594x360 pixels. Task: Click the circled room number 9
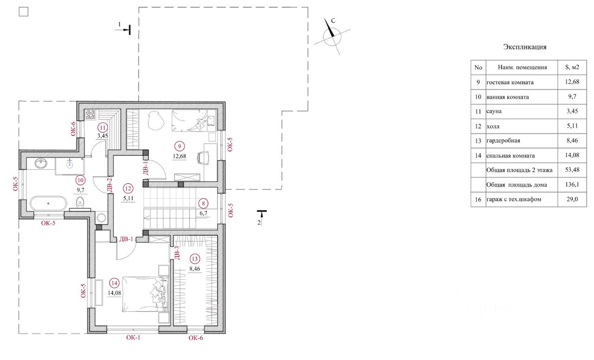[180, 146]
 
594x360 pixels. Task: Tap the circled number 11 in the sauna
[103, 128]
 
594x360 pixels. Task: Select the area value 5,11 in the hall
[128, 198]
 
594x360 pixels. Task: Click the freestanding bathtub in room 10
[48, 204]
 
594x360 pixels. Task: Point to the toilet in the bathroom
[80, 203]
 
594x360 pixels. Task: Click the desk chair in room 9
[203, 158]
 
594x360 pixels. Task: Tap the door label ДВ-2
[109, 185]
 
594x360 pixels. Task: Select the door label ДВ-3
[177, 253]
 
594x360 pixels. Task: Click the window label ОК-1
[133, 337]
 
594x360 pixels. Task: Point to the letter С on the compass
[333, 20]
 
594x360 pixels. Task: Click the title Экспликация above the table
[524, 47]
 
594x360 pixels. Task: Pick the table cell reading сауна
[494, 111]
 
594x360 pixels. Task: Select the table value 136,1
[572, 184]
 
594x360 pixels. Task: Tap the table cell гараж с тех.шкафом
[514, 199]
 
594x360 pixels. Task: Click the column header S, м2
[572, 67]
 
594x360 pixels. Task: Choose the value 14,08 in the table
[572, 155]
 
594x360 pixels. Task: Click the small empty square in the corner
[24, 12]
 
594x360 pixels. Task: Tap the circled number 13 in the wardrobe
[194, 259]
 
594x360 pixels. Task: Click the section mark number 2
[259, 223]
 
